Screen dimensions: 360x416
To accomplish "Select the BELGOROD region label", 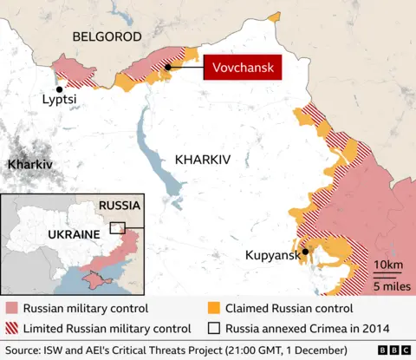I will (106, 36).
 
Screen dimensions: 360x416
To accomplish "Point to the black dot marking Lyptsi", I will (59, 88).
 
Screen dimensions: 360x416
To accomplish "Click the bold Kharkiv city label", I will (29, 164).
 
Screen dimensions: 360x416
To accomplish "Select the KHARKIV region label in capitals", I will (203, 160).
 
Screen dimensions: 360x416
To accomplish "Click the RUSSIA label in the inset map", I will (120, 206).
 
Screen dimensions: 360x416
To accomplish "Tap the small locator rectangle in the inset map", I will (117, 228).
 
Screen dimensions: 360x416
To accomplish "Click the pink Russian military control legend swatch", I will (11, 308).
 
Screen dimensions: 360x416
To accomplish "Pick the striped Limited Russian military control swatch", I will (11, 328).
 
